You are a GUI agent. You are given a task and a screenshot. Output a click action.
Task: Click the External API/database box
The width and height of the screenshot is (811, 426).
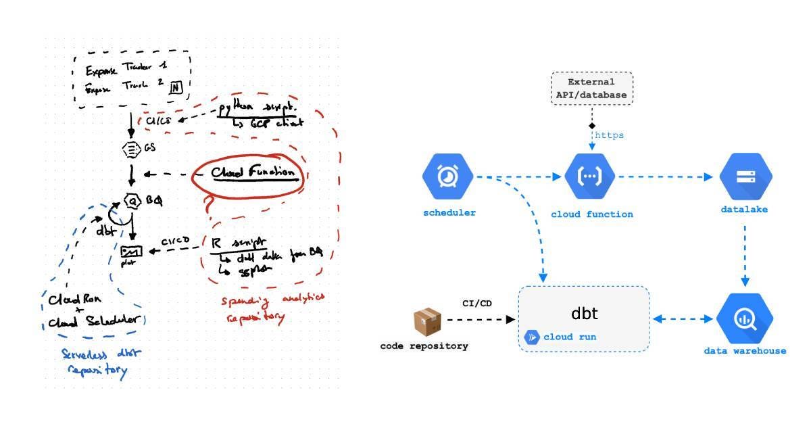[591, 88]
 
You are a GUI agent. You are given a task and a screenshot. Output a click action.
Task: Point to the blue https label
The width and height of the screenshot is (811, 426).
[609, 135]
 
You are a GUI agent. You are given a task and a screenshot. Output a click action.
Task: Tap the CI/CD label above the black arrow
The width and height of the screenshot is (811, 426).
[477, 303]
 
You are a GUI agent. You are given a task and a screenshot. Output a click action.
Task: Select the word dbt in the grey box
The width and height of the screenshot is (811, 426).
[585, 314]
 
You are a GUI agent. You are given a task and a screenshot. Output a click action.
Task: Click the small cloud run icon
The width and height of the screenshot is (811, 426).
[533, 337]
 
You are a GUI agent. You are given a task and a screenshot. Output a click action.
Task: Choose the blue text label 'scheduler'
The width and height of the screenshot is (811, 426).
[449, 213]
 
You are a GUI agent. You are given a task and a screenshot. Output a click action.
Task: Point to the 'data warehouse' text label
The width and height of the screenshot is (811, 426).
[745, 351]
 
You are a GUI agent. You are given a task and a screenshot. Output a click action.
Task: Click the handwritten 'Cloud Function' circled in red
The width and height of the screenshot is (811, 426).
[253, 173]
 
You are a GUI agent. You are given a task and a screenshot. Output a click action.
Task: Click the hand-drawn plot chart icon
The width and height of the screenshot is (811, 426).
[130, 253]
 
